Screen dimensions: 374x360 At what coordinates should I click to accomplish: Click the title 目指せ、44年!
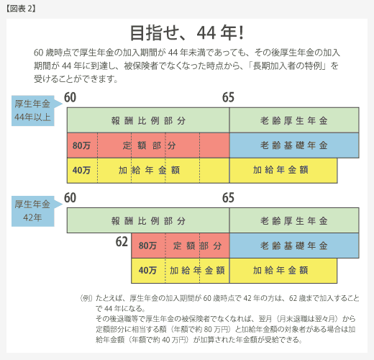click(187, 33)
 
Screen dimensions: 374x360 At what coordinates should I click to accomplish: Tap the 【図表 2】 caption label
click(21, 9)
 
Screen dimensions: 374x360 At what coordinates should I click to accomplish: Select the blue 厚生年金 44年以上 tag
click(33, 111)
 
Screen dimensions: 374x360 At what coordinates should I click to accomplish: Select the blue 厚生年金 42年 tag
click(33, 211)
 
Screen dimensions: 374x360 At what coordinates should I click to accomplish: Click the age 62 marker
click(122, 242)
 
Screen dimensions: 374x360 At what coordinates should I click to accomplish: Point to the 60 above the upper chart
click(70, 97)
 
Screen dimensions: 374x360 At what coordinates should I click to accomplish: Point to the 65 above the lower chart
click(228, 198)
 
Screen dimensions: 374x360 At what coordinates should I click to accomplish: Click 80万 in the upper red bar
click(81, 145)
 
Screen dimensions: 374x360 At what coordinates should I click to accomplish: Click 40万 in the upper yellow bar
click(81, 170)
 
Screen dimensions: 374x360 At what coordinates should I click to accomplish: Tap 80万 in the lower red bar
click(147, 246)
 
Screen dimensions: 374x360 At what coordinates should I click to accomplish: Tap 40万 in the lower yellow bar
click(147, 271)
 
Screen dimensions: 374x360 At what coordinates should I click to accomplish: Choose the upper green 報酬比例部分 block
click(148, 120)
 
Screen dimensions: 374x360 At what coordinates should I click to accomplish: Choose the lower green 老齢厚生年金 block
click(294, 220)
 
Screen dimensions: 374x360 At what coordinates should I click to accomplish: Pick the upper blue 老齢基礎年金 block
click(294, 145)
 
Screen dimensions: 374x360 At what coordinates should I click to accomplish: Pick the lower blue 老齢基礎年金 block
click(294, 246)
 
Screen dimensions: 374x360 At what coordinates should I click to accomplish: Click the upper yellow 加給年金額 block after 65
click(283, 171)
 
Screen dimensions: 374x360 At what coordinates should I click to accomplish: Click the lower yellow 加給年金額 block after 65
click(283, 271)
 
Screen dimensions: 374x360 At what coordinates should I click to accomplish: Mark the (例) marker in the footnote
click(86, 298)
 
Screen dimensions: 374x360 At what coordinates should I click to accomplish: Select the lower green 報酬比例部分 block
click(148, 220)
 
